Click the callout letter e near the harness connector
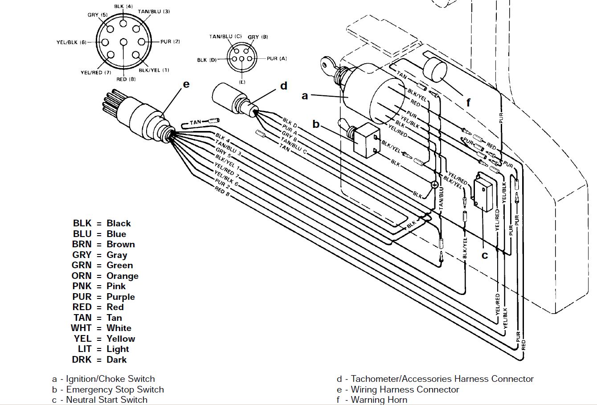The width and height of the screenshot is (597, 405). click(186, 84)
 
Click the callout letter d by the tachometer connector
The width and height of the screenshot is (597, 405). click(283, 86)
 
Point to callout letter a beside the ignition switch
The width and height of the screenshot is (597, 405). click(305, 96)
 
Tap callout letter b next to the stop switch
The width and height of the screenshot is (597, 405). click(316, 124)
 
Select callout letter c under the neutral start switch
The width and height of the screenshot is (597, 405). click(485, 255)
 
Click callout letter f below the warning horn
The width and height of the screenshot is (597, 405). click(468, 102)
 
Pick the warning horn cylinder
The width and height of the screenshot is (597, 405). click(434, 70)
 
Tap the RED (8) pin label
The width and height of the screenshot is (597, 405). click(126, 79)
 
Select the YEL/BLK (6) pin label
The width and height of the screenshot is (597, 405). click(71, 42)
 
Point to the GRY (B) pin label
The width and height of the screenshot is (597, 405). click(258, 37)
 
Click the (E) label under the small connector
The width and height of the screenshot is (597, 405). click(242, 82)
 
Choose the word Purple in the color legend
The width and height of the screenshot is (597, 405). click(121, 297)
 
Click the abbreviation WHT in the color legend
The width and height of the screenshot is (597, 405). click(81, 328)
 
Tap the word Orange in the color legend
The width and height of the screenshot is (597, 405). click(123, 276)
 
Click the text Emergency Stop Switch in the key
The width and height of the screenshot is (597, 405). click(115, 389)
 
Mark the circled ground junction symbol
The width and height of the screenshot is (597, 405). click(434, 184)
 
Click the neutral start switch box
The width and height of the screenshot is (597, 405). click(483, 192)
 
